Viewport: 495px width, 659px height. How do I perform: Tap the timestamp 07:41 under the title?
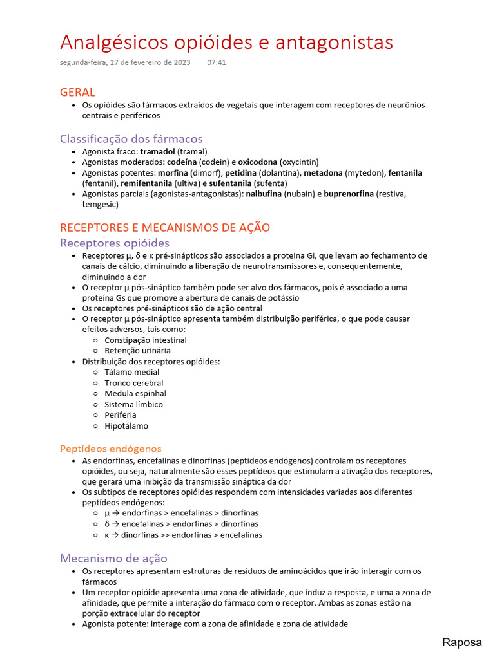pos(217,63)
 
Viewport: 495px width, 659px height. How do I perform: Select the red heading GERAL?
pos(77,92)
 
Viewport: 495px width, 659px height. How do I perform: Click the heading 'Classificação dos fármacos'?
pos(131,139)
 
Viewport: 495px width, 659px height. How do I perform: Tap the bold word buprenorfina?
pos(349,194)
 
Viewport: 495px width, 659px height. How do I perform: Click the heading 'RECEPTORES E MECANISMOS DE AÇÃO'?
pos(164,228)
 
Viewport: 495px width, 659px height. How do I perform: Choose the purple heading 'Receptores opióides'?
pos(114,243)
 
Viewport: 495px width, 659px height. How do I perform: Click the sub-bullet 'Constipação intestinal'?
pos(146,340)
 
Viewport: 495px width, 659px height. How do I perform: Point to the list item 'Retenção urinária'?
pos(137,351)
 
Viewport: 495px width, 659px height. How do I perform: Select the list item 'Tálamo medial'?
pos(131,372)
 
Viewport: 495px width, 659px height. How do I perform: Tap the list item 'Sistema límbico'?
pos(133,404)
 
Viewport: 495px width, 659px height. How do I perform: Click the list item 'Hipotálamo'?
pos(126,425)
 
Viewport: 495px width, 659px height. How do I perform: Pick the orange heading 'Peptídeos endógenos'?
pos(110,449)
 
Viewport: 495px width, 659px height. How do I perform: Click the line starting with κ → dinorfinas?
pos(183,535)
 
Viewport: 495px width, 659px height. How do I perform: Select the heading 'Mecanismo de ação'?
pos(113,558)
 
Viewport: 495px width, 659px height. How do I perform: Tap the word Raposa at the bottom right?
pos(461,642)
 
